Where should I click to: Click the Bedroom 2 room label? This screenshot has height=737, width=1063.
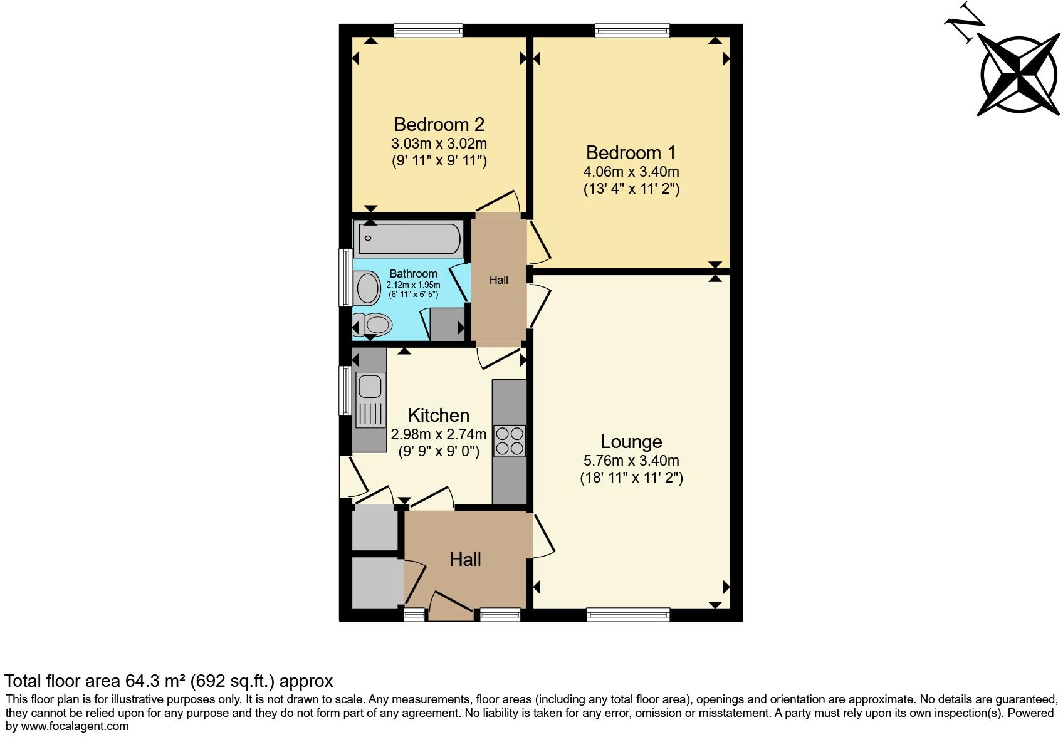[439, 124]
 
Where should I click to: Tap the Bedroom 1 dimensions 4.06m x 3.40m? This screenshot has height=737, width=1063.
[631, 171]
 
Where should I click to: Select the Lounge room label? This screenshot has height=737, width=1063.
[631, 442]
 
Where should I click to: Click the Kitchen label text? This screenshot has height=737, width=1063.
[438, 416]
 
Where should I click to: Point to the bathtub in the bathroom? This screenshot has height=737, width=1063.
[409, 239]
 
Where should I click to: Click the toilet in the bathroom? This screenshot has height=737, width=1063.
[374, 325]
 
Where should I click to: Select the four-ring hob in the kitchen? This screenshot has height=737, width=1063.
[509, 440]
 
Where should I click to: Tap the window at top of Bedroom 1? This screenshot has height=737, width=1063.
[632, 29]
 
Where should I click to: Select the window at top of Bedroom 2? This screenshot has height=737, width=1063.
[429, 29]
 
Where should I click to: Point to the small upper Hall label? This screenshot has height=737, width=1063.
[498, 280]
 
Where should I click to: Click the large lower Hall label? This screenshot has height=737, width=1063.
[465, 560]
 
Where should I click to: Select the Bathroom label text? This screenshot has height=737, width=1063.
[413, 274]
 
